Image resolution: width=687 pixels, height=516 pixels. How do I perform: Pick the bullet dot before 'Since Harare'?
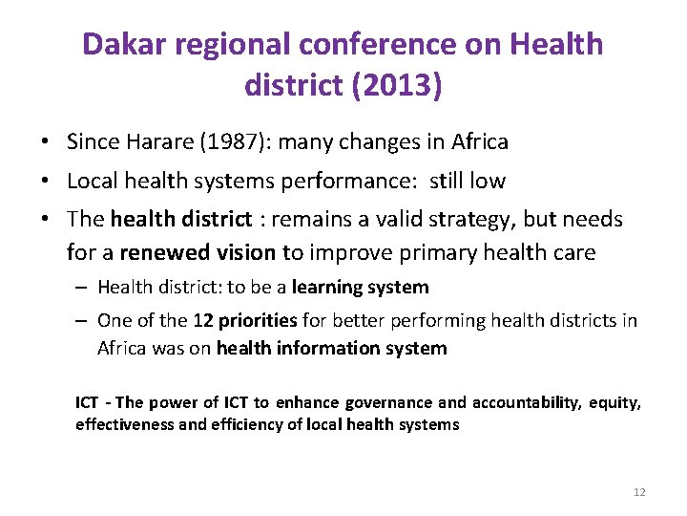[x=46, y=143]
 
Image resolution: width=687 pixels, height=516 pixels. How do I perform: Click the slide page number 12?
[x=639, y=492]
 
